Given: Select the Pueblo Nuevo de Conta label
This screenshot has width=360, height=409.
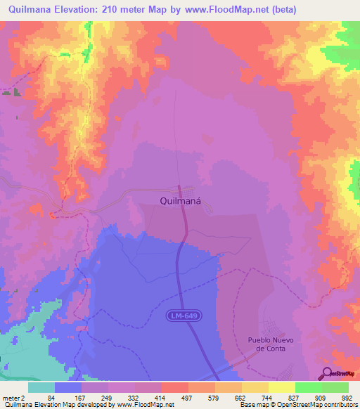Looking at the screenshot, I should pos(269,344).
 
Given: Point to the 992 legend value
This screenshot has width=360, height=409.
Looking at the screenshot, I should pos(346,397).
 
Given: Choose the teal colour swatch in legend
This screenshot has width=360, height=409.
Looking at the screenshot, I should pos(41,387).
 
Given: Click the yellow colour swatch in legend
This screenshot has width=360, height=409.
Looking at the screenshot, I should pos(281,387).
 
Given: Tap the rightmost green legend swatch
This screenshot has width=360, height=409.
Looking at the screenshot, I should pos(335,387).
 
